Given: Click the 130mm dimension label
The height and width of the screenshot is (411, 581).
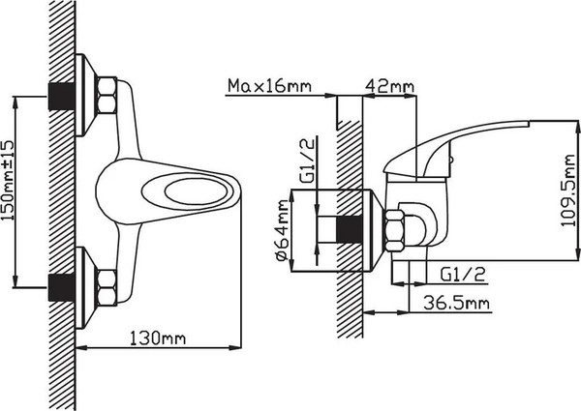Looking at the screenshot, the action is [158, 338].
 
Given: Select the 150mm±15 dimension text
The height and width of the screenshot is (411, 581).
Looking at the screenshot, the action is [8, 181].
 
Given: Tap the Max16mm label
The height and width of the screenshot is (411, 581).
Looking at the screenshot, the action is [269, 85].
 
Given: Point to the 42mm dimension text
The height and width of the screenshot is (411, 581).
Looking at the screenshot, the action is [389, 86].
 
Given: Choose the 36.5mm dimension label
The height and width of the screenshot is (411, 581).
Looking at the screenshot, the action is [456, 303].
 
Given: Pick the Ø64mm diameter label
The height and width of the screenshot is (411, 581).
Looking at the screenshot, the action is [283, 230].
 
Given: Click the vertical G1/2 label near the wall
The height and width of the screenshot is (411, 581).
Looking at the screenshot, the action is [307, 161].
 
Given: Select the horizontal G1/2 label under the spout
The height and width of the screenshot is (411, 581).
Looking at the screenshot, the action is [463, 274].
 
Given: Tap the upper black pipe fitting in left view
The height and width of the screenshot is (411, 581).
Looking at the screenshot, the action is [62, 96].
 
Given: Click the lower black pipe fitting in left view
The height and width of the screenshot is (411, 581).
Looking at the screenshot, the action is [62, 288].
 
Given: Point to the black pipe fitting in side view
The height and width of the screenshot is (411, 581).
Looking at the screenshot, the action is [349, 230].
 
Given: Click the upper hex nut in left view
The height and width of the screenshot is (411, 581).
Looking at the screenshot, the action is [107, 96].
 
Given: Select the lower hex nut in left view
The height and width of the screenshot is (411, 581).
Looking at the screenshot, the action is [107, 288].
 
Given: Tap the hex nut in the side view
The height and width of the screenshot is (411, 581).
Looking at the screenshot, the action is [395, 230].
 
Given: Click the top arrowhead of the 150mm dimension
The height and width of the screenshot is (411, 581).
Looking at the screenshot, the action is [15, 103].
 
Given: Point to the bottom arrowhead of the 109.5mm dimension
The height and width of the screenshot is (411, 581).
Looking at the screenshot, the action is [578, 253].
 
